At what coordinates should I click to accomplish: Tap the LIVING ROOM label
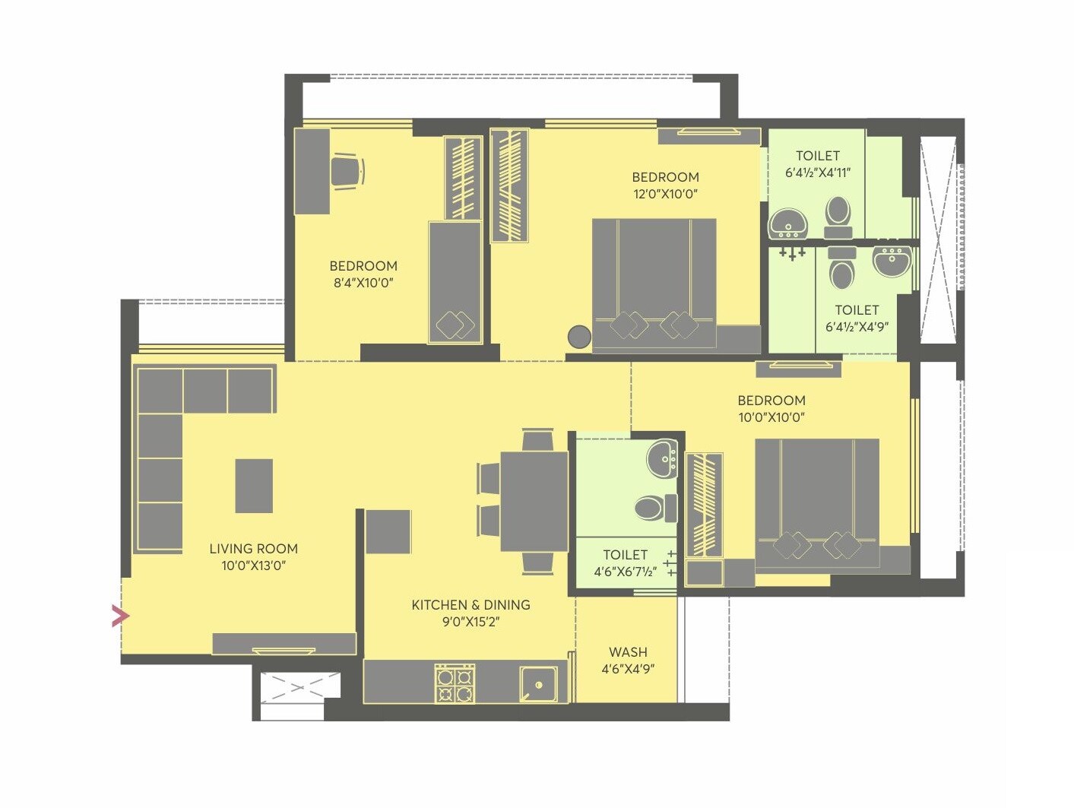[x=253, y=549]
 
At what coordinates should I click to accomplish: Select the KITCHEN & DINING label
[x=470, y=605]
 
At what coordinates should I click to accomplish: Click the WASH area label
[x=628, y=652]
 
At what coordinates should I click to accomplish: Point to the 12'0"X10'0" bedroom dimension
[x=665, y=194]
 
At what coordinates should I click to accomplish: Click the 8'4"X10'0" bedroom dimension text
[x=363, y=283]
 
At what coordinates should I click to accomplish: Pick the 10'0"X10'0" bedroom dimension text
[x=771, y=417]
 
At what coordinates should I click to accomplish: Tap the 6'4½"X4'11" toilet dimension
[x=817, y=173]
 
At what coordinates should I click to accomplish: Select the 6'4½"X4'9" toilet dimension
[x=857, y=327]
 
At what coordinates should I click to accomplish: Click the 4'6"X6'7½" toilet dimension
[x=625, y=572]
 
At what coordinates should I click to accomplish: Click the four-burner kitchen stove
[x=455, y=683]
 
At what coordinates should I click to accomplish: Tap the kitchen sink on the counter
[x=539, y=684]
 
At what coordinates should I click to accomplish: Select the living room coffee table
[x=254, y=486]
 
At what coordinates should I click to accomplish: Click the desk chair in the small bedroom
[x=347, y=170]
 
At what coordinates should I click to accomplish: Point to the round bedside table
[x=579, y=337]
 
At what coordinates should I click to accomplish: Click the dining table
[x=534, y=502]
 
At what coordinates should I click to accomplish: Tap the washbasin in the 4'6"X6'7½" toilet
[x=662, y=459]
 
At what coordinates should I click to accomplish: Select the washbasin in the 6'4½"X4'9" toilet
[x=892, y=261]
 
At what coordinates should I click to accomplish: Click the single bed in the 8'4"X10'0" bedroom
[x=455, y=282]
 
